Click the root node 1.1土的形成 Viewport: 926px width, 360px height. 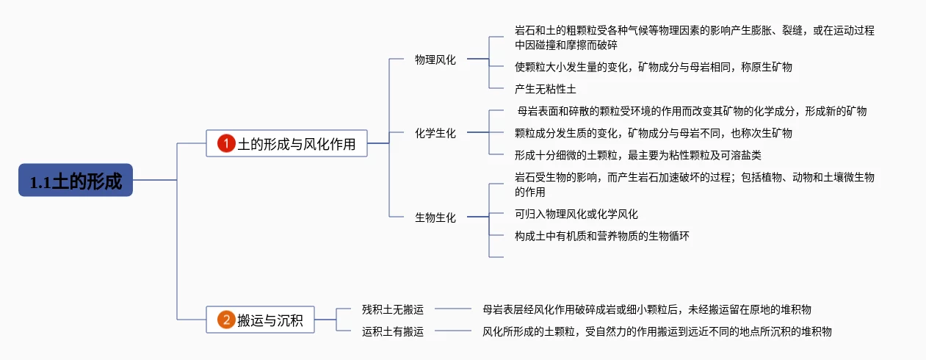click(x=76, y=180)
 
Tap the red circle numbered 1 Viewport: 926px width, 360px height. click(x=226, y=143)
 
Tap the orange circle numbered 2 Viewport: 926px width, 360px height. click(x=226, y=320)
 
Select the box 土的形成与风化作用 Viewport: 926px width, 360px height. click(x=286, y=143)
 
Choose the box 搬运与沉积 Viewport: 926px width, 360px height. click(x=260, y=320)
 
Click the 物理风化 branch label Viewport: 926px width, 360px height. click(x=435, y=60)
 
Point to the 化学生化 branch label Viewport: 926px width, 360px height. click(x=435, y=133)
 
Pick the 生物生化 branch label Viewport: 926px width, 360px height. click(x=435, y=217)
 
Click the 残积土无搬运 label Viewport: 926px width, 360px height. click(x=393, y=309)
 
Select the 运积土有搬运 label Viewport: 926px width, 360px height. click(x=393, y=331)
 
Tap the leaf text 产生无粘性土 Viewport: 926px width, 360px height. click(x=546, y=89)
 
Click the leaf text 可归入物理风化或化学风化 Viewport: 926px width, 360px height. click(x=576, y=214)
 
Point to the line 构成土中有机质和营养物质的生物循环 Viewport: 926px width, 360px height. click(x=602, y=236)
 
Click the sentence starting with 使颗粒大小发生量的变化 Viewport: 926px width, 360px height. click(x=653, y=67)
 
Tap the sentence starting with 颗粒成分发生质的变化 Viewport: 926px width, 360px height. click(x=653, y=133)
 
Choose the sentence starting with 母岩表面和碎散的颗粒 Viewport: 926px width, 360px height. click(x=692, y=111)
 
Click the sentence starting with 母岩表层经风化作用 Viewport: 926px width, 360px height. click(x=647, y=309)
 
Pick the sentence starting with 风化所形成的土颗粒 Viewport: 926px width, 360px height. click(x=657, y=331)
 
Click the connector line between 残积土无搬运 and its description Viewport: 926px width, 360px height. click(x=453, y=309)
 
